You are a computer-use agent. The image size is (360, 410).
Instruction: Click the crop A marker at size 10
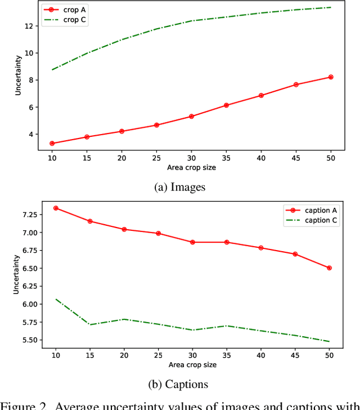point(52,143)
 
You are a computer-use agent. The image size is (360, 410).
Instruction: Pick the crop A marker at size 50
point(331,77)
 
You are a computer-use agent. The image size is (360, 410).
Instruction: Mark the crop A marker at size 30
point(191,117)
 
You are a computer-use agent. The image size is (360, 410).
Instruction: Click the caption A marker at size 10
point(55,208)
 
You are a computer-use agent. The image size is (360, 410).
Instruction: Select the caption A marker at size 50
point(329,268)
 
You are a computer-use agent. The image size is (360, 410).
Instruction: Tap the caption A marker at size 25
point(158,233)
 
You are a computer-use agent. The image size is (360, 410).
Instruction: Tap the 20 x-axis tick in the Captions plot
point(124,355)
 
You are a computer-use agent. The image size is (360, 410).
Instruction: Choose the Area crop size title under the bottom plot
point(191,364)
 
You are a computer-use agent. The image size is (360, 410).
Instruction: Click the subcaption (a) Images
point(180,188)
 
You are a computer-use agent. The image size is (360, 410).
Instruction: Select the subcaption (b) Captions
point(180,384)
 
